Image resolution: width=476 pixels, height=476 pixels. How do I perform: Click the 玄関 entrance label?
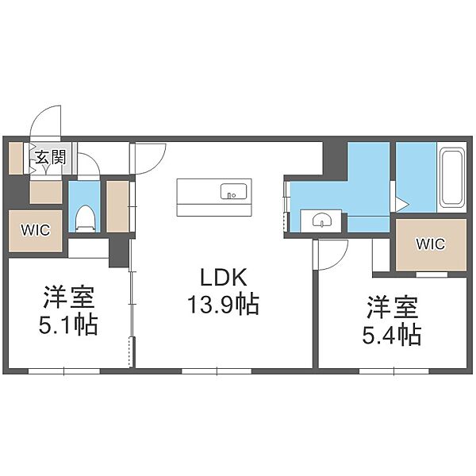(51, 157)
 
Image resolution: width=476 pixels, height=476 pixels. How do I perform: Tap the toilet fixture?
(85, 218)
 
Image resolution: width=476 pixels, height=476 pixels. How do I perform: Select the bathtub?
(452, 178)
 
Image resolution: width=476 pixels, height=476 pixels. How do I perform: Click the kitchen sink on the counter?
(233, 191)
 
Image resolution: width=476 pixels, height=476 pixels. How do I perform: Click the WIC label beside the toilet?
(36, 230)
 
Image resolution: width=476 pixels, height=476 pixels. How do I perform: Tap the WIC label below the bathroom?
(431, 244)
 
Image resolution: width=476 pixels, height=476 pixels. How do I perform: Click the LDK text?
(224, 277)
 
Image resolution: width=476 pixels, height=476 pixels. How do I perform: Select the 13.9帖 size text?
(224, 304)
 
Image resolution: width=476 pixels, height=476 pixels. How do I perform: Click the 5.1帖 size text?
(68, 324)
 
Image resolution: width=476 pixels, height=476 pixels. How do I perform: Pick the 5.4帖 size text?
(392, 335)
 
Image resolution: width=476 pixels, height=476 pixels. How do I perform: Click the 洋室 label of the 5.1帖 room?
(68, 297)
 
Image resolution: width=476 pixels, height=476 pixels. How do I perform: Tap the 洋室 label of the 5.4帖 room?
(393, 307)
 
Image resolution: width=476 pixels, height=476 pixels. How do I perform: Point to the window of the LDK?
(217, 371)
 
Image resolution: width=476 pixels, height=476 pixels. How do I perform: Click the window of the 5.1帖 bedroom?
(64, 371)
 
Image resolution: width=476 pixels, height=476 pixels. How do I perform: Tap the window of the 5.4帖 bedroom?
(394, 371)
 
